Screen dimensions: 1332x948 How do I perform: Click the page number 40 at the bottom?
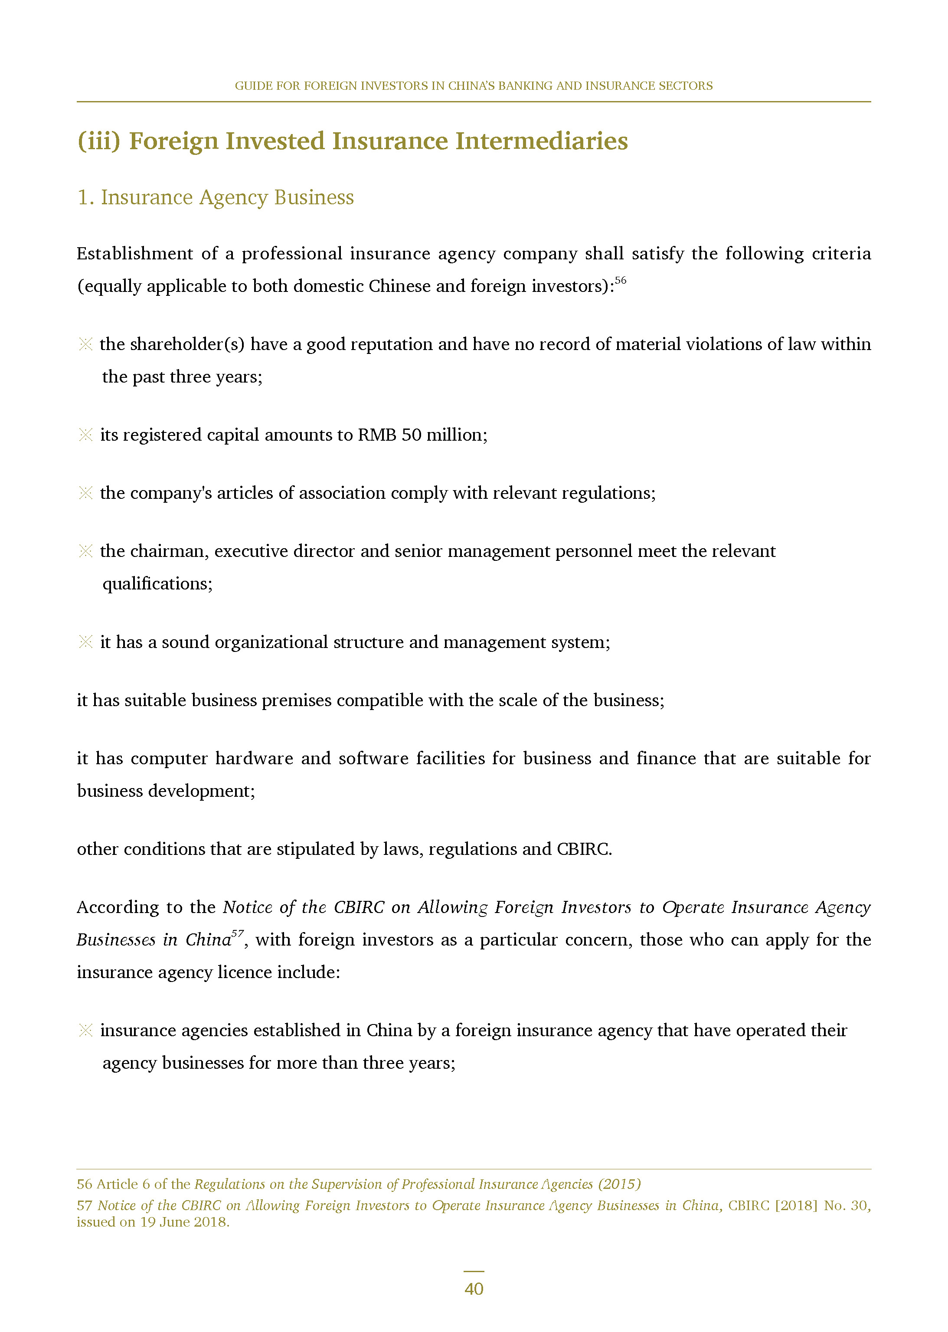(474, 1288)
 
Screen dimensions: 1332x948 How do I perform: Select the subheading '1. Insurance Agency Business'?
(216, 197)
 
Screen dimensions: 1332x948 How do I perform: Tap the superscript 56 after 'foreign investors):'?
(621, 280)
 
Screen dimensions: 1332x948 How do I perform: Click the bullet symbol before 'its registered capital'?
(85, 435)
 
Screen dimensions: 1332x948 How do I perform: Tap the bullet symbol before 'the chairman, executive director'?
(85, 551)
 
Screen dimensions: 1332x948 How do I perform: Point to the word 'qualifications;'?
(157, 584)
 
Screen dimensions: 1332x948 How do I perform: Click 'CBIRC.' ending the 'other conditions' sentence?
(584, 849)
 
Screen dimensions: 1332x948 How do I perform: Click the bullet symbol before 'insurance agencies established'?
(85, 1030)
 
